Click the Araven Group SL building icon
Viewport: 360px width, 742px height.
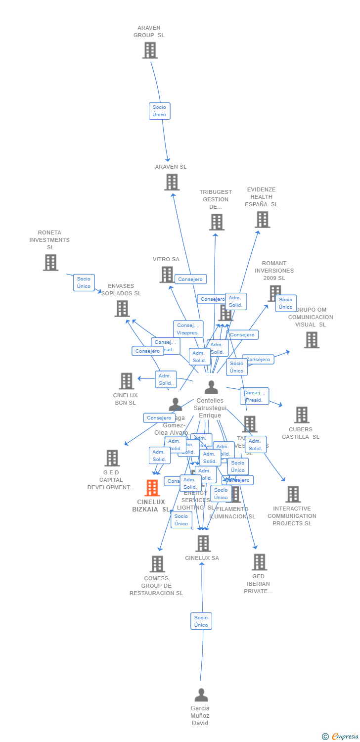(150, 50)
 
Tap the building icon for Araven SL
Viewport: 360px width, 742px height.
(172, 183)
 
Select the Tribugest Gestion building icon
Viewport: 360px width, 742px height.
(217, 222)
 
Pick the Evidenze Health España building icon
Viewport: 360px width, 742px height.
(262, 220)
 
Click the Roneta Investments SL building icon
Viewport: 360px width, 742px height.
(50, 263)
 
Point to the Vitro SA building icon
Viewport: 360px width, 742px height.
(167, 275)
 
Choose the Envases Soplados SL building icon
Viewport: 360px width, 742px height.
(122, 309)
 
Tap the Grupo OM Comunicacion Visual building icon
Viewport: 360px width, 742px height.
(311, 340)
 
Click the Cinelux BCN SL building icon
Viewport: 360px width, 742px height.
(127, 381)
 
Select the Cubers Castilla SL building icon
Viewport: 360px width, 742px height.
(301, 415)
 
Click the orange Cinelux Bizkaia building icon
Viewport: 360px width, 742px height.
(152, 488)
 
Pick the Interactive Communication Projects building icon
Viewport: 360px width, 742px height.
(293, 494)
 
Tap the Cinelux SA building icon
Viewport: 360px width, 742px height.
(203, 544)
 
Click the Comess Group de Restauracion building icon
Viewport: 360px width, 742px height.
(157, 564)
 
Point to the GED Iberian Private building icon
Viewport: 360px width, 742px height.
(259, 562)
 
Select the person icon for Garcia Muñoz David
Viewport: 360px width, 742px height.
(201, 695)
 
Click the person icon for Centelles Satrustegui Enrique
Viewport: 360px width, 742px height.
(211, 387)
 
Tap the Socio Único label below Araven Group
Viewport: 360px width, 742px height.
(159, 111)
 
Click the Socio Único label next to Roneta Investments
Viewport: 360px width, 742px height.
(84, 282)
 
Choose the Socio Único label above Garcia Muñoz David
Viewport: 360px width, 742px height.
(201, 621)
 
